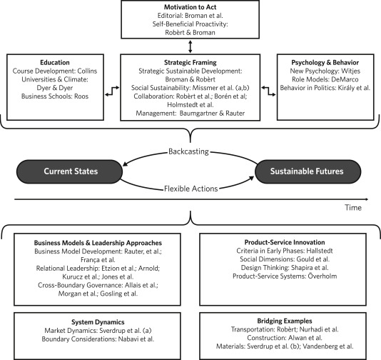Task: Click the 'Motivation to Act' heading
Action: coord(190,7)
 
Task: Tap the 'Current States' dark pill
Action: coord(69,171)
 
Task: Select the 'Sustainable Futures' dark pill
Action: coord(308,171)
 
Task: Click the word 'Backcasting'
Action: coord(188,151)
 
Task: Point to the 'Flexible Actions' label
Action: coord(190,189)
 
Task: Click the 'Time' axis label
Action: coord(353,207)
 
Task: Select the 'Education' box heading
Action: coord(55,63)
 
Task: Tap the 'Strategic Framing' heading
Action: coord(190,63)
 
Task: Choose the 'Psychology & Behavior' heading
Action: coord(325,63)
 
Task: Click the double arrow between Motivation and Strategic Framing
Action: coord(190,46)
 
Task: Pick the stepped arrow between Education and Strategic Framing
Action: coord(112,91)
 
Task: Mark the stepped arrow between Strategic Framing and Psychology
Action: coord(268,91)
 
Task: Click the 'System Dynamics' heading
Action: coord(98,322)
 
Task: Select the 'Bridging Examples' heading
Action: coord(285,321)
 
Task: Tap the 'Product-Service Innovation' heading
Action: coord(285,242)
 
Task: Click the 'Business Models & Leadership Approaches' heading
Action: coord(98,243)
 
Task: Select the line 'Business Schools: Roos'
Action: coord(55,96)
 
